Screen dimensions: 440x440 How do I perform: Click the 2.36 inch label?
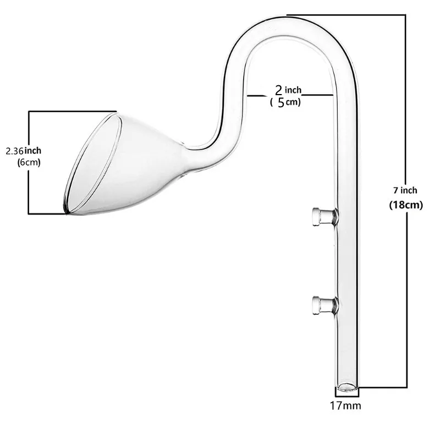23,150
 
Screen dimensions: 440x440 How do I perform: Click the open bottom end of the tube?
347,387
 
